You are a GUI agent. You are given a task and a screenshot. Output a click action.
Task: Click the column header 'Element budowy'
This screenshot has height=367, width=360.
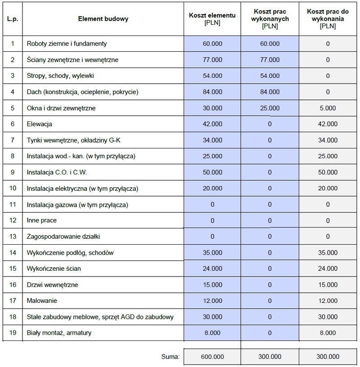click(103, 19)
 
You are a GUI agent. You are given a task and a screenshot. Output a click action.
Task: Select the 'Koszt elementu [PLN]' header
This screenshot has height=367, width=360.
click(212, 19)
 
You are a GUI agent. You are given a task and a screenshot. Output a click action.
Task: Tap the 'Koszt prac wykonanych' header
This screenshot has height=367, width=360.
click(270, 19)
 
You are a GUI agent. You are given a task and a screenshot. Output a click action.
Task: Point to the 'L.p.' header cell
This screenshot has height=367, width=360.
click(13, 19)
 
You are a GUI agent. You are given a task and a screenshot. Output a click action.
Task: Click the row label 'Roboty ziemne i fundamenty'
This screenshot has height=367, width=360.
click(67, 44)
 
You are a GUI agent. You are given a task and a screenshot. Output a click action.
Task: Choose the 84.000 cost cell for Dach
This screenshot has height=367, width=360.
click(212, 92)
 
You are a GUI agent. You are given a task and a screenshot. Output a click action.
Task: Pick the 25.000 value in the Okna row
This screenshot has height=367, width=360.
click(270, 108)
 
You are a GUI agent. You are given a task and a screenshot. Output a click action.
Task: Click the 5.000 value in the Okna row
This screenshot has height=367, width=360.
click(328, 108)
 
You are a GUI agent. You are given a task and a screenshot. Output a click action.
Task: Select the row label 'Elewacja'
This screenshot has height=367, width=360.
click(40, 124)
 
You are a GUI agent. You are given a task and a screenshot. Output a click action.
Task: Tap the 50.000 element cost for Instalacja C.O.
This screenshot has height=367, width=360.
click(212, 172)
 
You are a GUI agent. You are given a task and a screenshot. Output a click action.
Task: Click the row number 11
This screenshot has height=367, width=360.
click(13, 205)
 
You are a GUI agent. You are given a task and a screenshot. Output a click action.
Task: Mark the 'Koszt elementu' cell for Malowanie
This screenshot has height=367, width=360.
click(212, 300)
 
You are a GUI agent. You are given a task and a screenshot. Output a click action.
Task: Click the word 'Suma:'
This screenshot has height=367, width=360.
click(170, 357)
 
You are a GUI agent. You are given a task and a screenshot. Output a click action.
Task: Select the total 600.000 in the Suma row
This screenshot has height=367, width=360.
click(212, 357)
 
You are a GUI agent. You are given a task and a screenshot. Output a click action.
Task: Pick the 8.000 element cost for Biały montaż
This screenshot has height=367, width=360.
click(212, 333)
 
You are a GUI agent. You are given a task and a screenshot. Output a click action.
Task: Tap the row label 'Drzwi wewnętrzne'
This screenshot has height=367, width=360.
click(52, 285)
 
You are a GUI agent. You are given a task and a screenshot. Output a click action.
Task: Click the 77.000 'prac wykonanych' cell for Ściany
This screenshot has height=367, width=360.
click(270, 59)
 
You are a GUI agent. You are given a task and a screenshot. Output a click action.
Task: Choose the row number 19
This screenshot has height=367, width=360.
click(13, 333)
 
